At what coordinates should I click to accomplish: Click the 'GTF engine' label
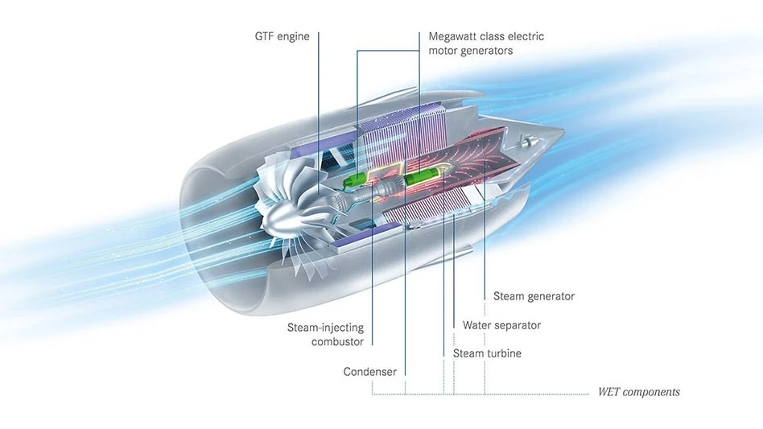click(281, 36)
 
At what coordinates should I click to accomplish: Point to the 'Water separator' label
click(501, 325)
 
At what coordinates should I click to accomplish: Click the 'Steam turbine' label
click(487, 353)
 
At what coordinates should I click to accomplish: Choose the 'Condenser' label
click(369, 372)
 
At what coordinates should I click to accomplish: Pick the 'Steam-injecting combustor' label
click(325, 335)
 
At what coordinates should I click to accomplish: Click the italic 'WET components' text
click(638, 392)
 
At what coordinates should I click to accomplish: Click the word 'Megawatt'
click(456, 36)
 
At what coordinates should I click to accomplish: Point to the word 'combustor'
click(337, 342)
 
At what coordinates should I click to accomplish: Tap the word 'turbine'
click(504, 353)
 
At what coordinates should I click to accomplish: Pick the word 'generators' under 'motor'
click(486, 51)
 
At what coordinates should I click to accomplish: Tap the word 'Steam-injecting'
click(325, 328)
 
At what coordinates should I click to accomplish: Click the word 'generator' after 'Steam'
click(550, 296)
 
